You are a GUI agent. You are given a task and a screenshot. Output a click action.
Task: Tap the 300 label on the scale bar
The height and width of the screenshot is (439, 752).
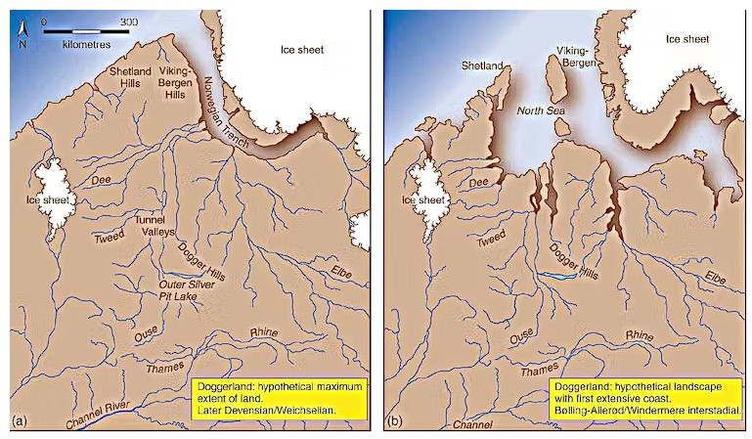pyautogui.click(x=128, y=21)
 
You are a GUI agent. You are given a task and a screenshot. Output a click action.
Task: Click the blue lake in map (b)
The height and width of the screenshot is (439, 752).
pyautogui.click(x=558, y=277)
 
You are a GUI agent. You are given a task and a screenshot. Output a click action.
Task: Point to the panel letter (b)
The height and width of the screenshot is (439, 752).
pyautogui.click(x=394, y=421)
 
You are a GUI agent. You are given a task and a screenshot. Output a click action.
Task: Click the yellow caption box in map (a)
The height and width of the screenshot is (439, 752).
pyautogui.click(x=281, y=399)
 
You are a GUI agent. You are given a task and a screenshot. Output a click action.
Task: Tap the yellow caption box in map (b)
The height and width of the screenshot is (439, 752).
pyautogui.click(x=644, y=399)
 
